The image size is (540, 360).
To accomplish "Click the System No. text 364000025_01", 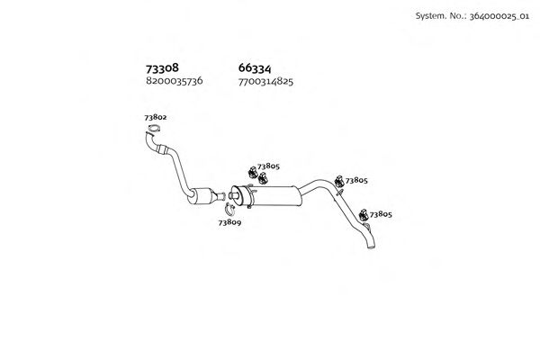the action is (x=499, y=16).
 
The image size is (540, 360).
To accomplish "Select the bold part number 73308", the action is (x=162, y=68).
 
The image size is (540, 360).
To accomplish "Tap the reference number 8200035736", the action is (x=175, y=81).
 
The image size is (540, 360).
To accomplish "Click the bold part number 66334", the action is (x=255, y=68).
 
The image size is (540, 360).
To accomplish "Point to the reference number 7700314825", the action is (x=265, y=82).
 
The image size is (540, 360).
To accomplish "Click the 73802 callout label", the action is (x=156, y=117).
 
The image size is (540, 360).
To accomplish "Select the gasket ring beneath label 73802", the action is (x=155, y=130).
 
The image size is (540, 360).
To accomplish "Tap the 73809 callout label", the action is (x=229, y=222).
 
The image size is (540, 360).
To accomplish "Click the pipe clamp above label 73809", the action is (x=229, y=209).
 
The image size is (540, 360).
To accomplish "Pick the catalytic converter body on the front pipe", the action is (x=202, y=196).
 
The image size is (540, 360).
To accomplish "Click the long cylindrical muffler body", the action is (x=270, y=195).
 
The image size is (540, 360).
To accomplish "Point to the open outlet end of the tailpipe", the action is (x=371, y=247).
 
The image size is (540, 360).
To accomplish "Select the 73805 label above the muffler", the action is (x=268, y=166).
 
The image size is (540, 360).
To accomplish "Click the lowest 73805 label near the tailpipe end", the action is (x=381, y=214).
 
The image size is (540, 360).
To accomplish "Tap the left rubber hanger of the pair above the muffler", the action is (x=253, y=172).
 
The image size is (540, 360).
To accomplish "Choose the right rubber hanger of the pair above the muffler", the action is (x=263, y=178).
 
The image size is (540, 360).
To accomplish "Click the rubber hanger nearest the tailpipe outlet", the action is (x=364, y=215).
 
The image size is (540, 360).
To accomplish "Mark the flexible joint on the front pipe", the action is (x=162, y=149).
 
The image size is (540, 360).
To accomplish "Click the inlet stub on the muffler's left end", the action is (x=234, y=196).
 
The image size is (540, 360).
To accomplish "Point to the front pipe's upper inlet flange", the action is (x=150, y=134).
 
